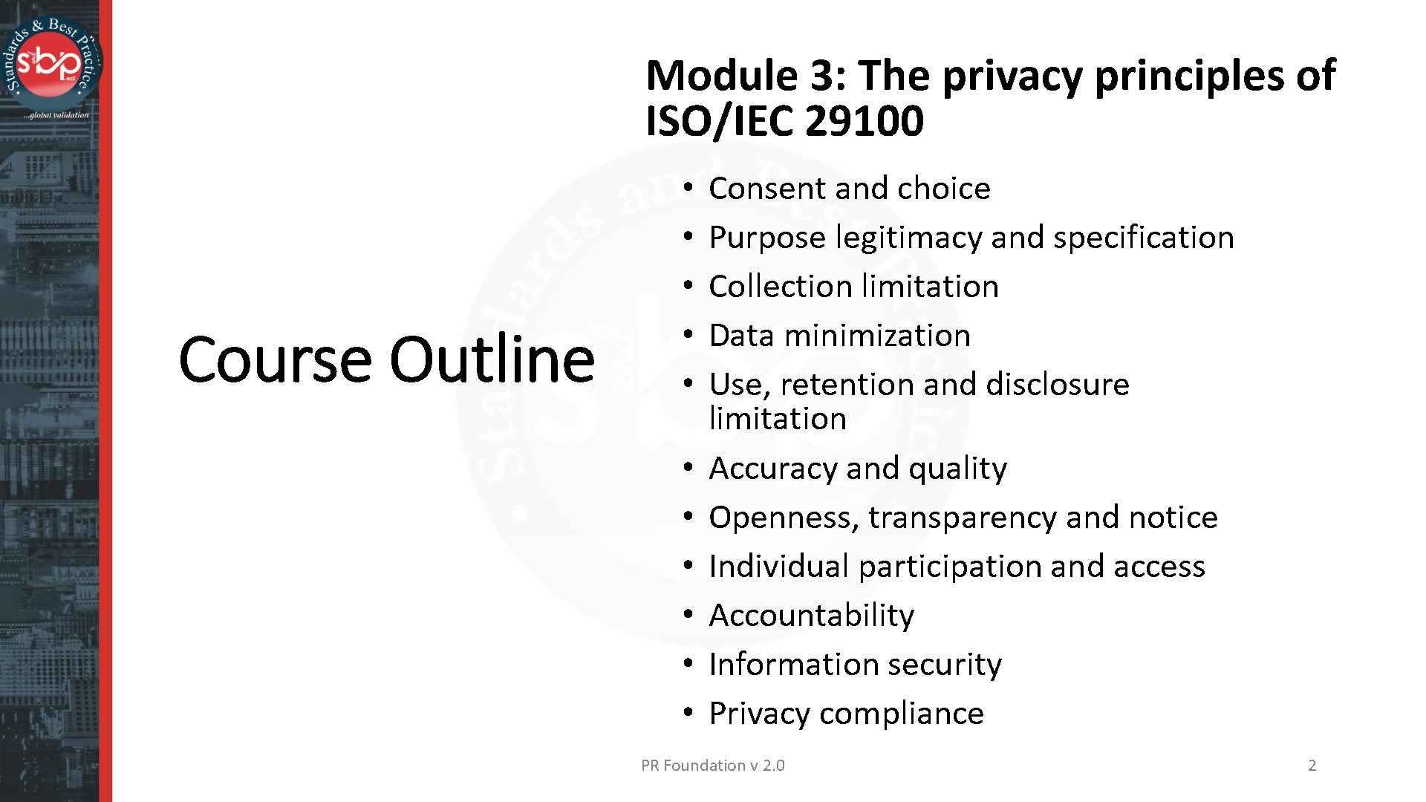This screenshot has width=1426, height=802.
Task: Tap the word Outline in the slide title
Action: click(492, 359)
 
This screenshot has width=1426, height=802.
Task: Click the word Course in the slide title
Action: click(275, 359)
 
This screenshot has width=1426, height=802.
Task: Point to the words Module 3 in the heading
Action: click(746, 76)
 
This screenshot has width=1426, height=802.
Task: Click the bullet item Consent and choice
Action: click(849, 189)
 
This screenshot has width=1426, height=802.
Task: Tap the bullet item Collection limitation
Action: click(853, 287)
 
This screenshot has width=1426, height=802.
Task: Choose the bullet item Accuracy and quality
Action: click(858, 469)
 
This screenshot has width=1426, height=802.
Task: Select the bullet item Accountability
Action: click(811, 616)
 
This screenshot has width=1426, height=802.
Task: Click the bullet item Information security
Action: click(855, 665)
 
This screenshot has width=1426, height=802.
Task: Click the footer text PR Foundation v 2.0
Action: click(712, 766)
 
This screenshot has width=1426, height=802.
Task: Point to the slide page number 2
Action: click(1312, 766)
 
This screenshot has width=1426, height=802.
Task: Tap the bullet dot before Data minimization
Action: click(688, 336)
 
